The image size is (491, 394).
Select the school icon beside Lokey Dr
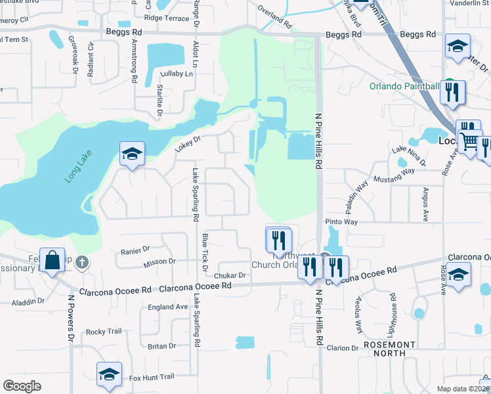pos(132,155)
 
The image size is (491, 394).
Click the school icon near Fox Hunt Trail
pos(109,374)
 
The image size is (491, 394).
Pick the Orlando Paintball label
pos(404,86)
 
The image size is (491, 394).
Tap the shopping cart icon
pos(470,141)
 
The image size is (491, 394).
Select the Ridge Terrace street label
pos(166,18)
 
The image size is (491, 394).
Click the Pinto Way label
pos(342,223)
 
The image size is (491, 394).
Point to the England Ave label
pos(168,307)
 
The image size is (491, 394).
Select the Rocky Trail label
pos(104,332)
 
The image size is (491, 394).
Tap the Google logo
pos(22,385)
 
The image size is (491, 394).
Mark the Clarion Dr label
pos(341,347)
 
